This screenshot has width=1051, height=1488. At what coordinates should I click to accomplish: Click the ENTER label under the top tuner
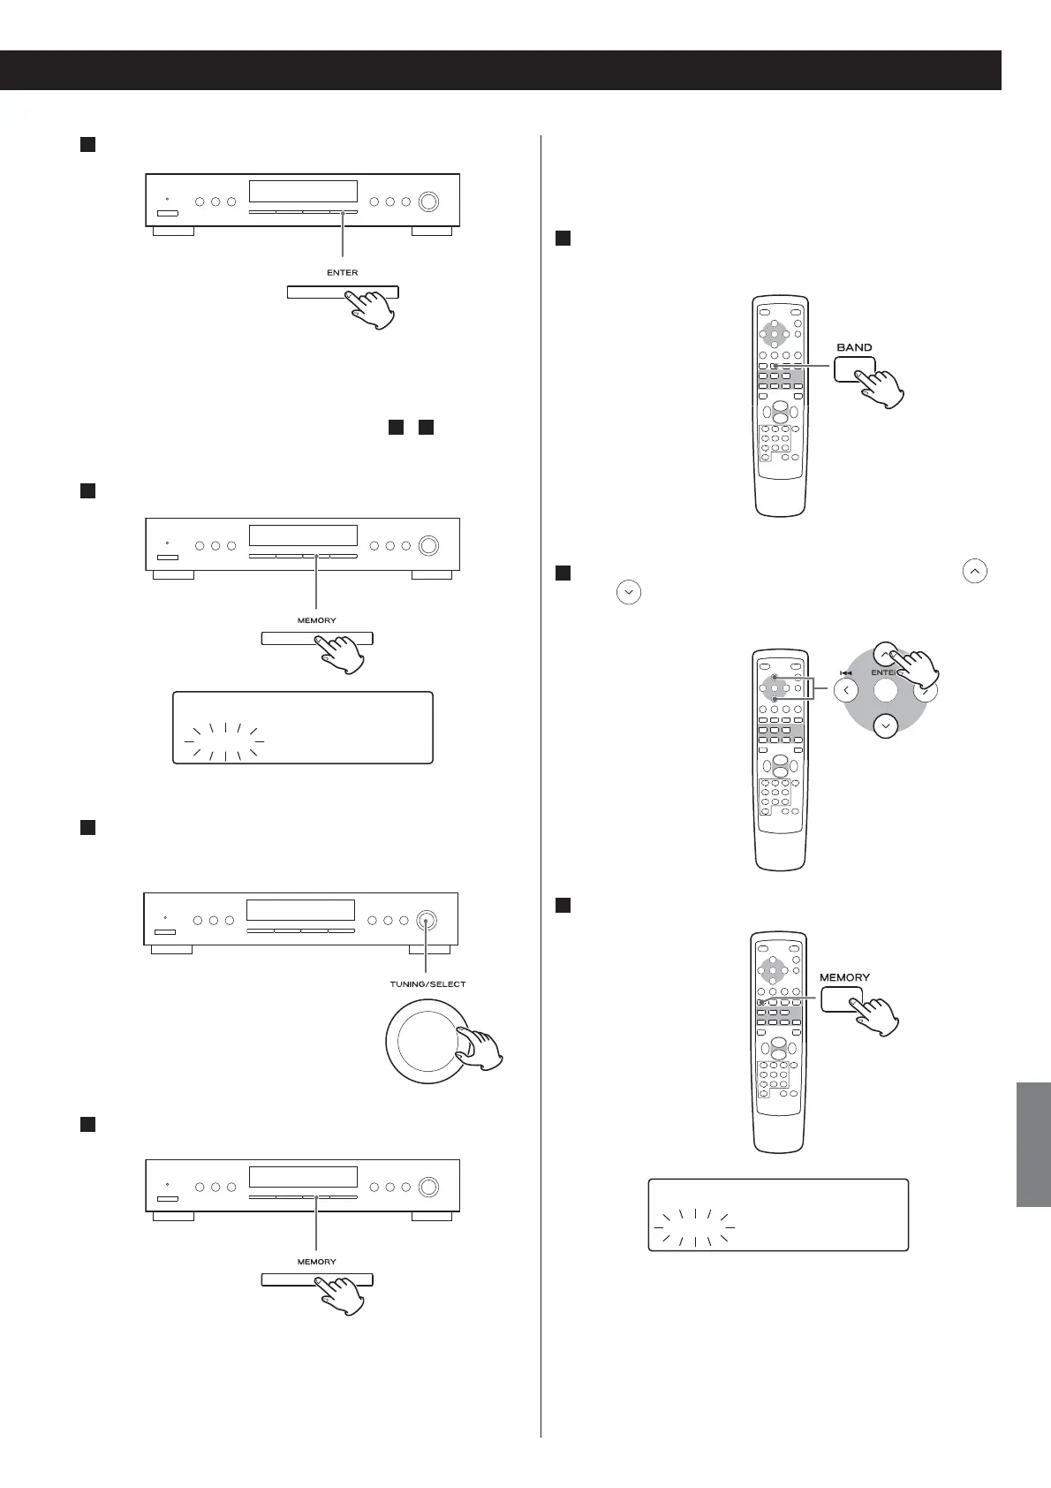(342, 272)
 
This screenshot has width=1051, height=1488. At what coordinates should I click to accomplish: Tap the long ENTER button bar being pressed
(343, 292)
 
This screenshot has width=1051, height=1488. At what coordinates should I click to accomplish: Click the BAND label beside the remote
(854, 347)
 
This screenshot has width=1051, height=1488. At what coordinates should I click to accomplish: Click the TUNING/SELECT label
(427, 983)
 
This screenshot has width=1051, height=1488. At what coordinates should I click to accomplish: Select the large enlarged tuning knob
(427, 1040)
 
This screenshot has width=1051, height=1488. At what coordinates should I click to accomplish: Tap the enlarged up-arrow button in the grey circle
(885, 654)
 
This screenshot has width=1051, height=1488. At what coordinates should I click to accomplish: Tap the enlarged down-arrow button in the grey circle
(885, 725)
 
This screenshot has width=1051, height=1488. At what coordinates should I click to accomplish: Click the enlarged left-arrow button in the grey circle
(845, 690)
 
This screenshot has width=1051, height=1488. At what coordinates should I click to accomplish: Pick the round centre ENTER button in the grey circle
(885, 690)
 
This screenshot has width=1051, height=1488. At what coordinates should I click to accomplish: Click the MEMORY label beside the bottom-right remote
(844, 977)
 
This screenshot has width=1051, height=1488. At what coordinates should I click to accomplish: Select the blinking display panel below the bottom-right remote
(778, 1214)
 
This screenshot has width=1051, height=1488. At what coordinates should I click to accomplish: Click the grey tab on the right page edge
(1033, 1143)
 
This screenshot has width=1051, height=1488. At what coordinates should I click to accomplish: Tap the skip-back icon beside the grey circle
(845, 672)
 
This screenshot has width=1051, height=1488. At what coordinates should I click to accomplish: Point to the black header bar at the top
(500, 71)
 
